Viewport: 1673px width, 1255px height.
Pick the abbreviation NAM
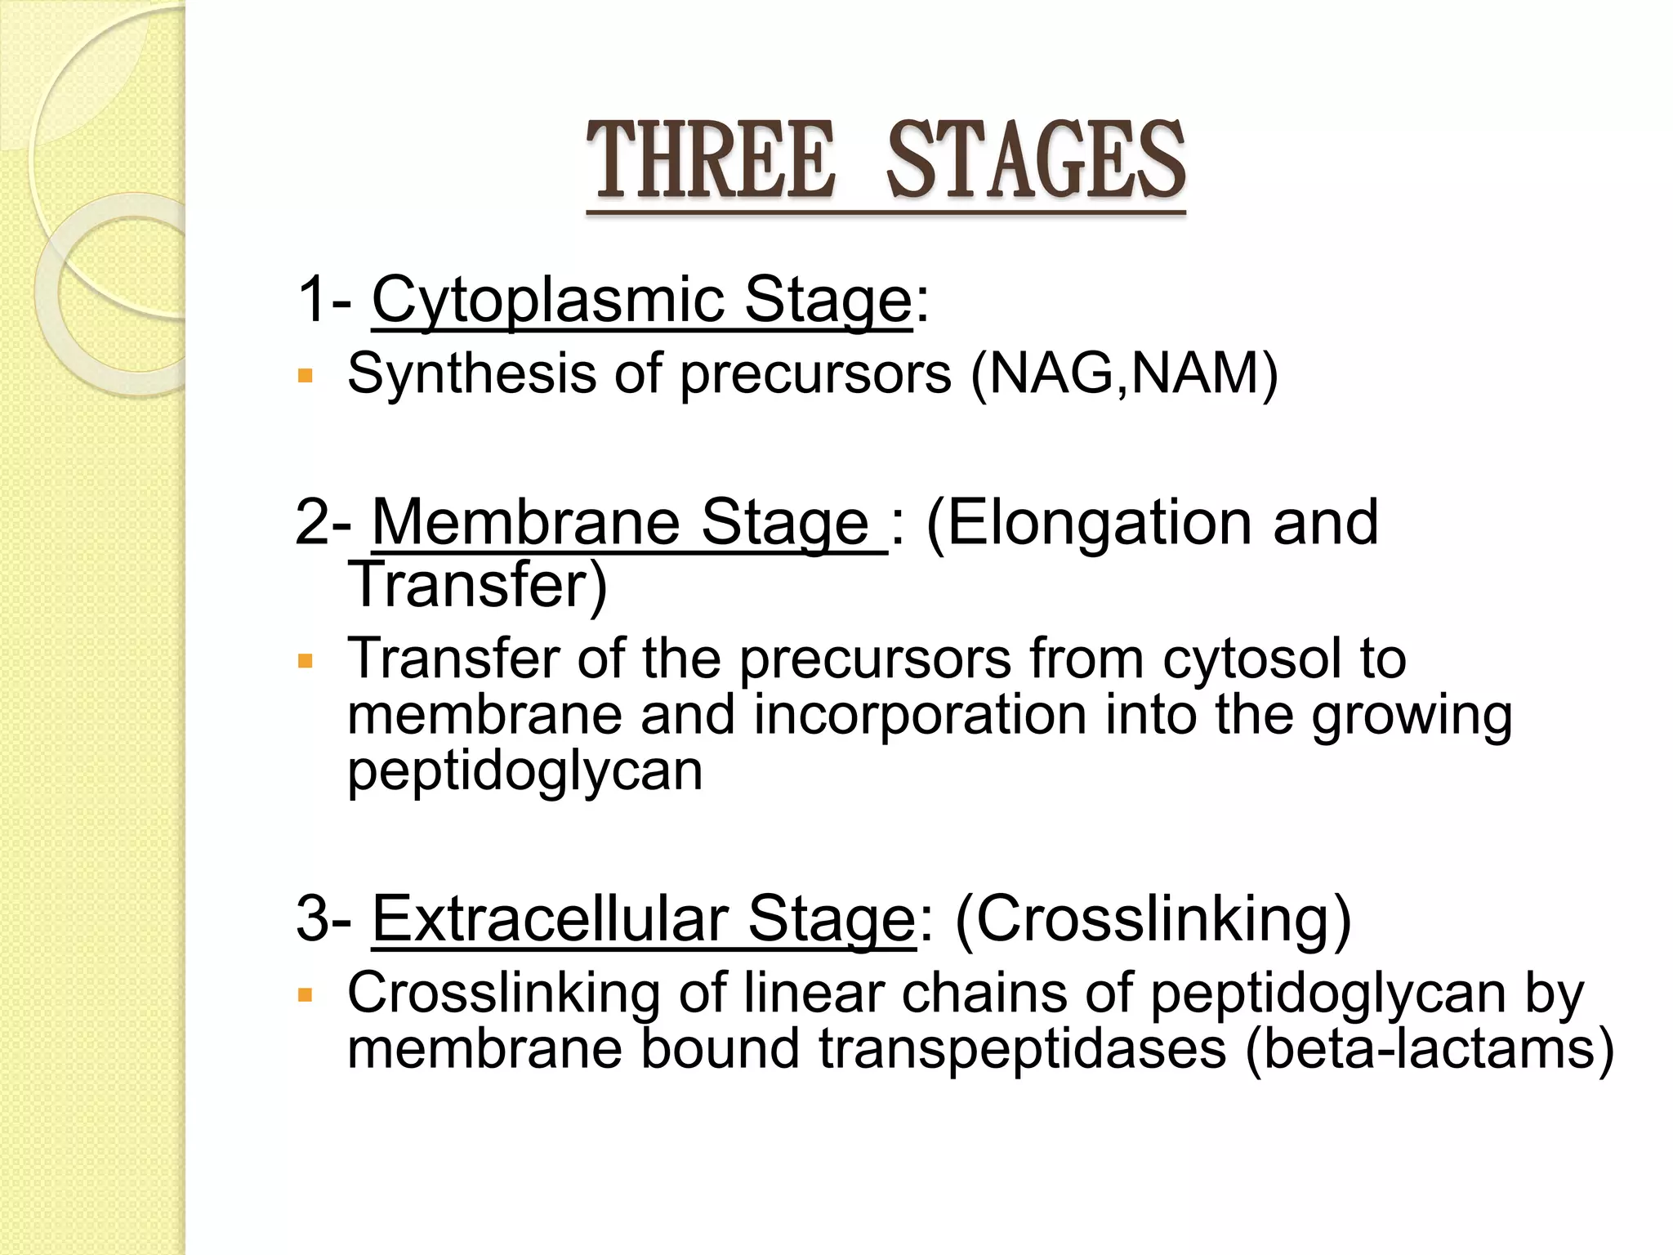point(1193,373)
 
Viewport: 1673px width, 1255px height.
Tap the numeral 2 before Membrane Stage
point(313,522)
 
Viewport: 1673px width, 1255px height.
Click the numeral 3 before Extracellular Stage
point(313,918)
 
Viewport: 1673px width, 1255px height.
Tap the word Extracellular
point(551,918)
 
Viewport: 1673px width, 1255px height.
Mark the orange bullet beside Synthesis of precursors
point(306,376)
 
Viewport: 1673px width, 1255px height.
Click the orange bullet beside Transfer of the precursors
point(306,660)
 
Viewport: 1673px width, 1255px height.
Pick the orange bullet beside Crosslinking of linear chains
point(306,995)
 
